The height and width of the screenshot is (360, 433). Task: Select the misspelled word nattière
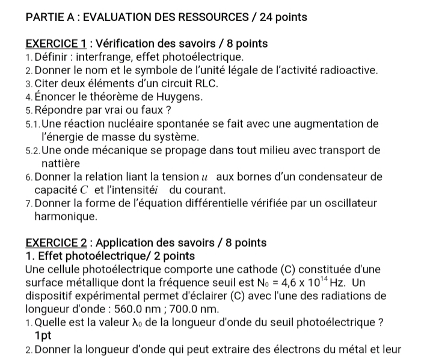pyautogui.click(x=61, y=163)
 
